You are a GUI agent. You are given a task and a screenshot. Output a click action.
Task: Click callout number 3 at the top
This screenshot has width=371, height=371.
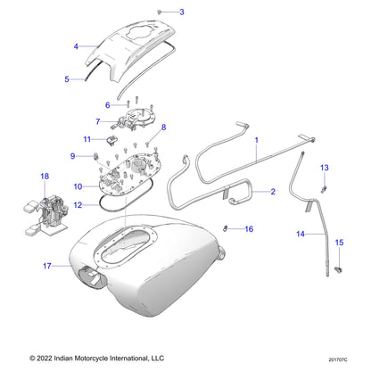182,12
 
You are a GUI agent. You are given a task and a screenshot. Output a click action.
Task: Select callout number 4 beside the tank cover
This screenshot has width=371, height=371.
76,45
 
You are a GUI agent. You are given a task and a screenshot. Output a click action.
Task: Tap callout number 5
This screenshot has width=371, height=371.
67,79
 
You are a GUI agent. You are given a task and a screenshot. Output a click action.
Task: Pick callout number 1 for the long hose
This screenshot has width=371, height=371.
256,140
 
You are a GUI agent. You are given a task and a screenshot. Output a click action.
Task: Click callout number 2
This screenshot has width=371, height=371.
272,192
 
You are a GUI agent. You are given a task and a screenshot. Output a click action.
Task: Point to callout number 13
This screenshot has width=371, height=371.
325,168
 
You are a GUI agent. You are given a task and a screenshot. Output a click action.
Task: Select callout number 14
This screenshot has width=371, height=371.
300,234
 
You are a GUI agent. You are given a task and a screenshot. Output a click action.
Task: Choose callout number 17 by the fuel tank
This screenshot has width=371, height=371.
46,265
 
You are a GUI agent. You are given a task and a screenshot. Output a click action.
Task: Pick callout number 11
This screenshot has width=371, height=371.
87,139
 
